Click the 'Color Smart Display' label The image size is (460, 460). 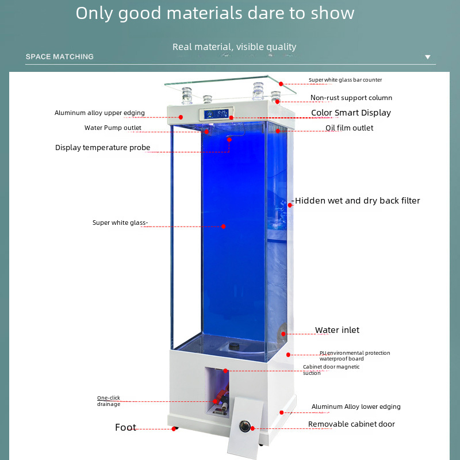pos(351,113)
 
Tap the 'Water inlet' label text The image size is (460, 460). pos(337,330)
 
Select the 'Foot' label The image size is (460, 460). pos(125,427)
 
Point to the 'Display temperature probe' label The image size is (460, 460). pos(102,148)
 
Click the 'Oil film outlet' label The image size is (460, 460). pos(349,128)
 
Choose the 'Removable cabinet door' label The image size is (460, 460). pos(351,424)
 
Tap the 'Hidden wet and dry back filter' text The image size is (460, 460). pos(357,201)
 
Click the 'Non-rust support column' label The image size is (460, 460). pos(351,98)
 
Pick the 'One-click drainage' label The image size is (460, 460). pos(109,401)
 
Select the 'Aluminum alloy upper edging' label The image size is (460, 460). pos(99,113)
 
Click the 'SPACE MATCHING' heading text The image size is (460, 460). pos(59,57)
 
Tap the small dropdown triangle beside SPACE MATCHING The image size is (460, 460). pos(427,57)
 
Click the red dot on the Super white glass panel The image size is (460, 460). pos(223,227)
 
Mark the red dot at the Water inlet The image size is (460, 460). pos(283,333)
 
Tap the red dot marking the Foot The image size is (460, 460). pos(174,428)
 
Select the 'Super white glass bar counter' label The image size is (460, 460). pos(345,80)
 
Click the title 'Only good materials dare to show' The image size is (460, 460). pos(215,13)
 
